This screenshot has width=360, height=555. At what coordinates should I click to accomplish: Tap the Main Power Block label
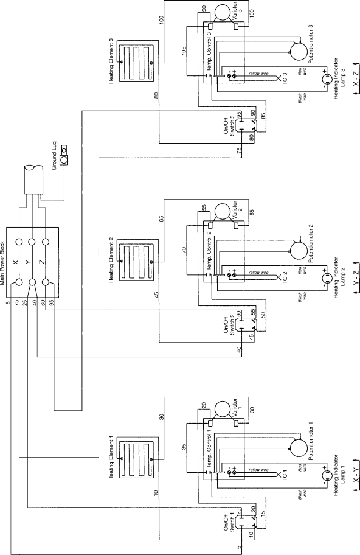3,263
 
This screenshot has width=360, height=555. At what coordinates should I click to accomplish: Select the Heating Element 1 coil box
136,459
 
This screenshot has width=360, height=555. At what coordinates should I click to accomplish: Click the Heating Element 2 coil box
136,262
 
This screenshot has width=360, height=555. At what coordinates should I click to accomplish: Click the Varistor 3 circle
223,13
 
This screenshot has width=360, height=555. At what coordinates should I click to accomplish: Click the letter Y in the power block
29,262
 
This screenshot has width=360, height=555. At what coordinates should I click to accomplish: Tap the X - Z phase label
356,79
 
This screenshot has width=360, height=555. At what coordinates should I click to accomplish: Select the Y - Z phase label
356,277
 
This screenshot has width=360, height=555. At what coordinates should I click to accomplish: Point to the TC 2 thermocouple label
285,278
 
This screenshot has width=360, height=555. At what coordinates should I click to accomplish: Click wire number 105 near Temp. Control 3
184,51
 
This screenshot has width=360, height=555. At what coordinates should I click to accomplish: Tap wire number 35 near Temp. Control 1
184,447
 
